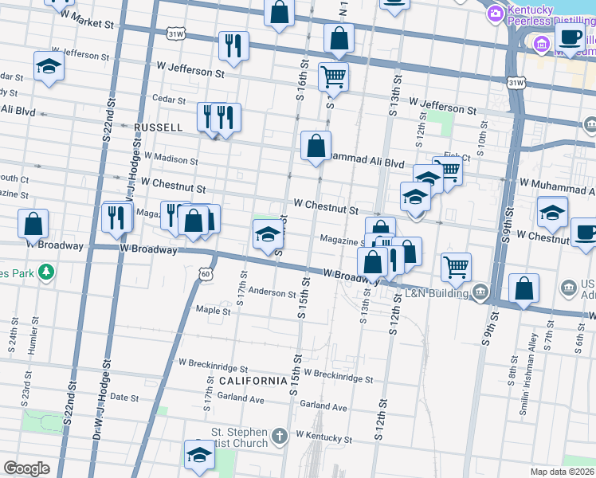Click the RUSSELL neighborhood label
pyautogui.click(x=159, y=127)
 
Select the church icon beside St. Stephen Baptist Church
pyautogui.click(x=279, y=436)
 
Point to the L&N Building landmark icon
pyautogui.click(x=479, y=292)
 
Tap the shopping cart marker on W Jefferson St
pyautogui.click(x=333, y=78)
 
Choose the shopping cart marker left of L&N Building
pyautogui.click(x=456, y=268)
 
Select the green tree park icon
pyautogui.click(x=47, y=272)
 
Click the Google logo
pyautogui.click(x=26, y=468)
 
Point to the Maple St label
pyautogui.click(x=213, y=311)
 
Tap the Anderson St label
pyautogui.click(x=272, y=293)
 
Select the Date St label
pyautogui.click(x=124, y=397)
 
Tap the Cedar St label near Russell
pyautogui.click(x=169, y=101)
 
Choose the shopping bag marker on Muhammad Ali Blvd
pyautogui.click(x=316, y=147)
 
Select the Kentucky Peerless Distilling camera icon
pyautogui.click(x=495, y=12)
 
